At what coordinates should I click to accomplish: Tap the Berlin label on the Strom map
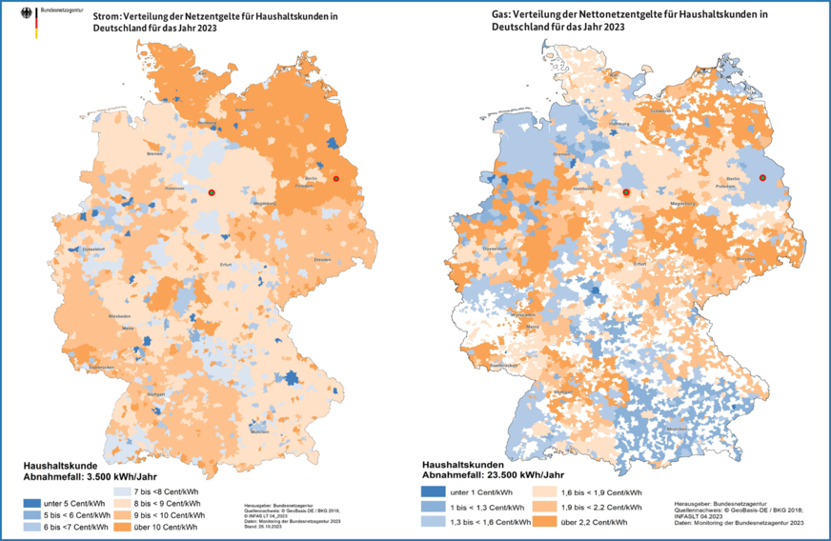311,178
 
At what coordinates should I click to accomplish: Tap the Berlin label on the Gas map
733,179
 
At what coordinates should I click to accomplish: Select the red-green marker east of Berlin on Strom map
335,179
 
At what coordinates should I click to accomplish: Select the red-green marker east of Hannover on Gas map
626,192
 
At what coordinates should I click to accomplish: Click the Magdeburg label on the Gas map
679,203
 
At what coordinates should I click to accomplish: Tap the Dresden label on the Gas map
746,258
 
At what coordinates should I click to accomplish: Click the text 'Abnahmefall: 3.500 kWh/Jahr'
82,475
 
